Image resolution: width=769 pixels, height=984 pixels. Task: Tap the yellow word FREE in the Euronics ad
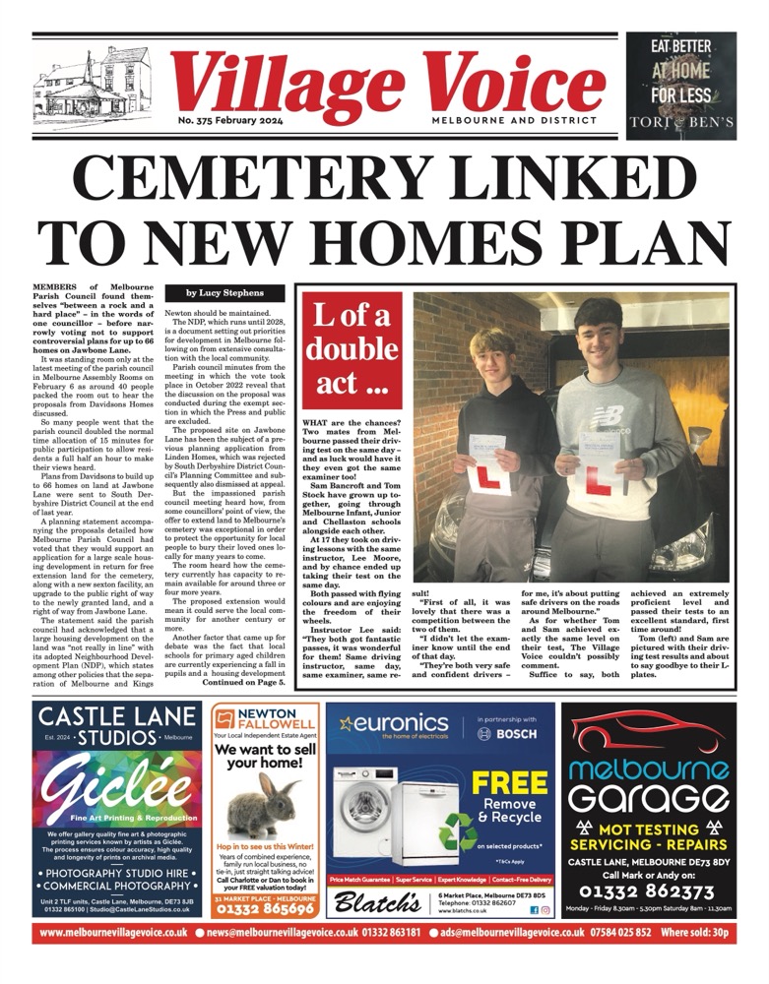(x=510, y=784)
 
